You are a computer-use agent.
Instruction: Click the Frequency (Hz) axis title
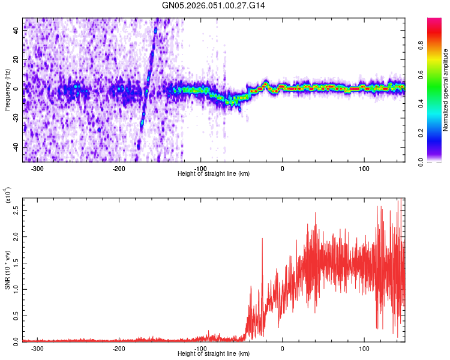7,90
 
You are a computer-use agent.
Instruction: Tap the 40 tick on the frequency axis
17,31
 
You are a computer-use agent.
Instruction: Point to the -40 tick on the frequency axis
16,147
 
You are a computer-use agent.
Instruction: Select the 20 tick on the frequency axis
17,60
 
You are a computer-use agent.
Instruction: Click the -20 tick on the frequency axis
16,118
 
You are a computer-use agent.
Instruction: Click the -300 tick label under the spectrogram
37,168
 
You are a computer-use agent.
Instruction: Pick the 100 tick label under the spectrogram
364,168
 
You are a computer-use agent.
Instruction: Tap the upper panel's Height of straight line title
214,173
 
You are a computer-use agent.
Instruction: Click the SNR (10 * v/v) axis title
7,269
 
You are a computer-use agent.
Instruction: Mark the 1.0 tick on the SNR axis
16,289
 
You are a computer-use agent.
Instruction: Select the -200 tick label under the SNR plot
119,348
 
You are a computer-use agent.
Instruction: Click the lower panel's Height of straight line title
214,353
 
